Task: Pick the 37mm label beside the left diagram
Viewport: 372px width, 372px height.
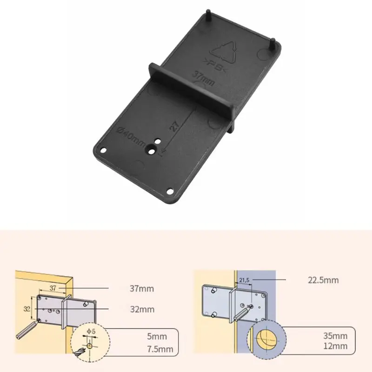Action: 142,289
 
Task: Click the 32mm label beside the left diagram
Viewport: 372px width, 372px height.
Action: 142,309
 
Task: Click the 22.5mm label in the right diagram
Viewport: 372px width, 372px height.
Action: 323,280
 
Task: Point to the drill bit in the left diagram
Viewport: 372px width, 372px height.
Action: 27,330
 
